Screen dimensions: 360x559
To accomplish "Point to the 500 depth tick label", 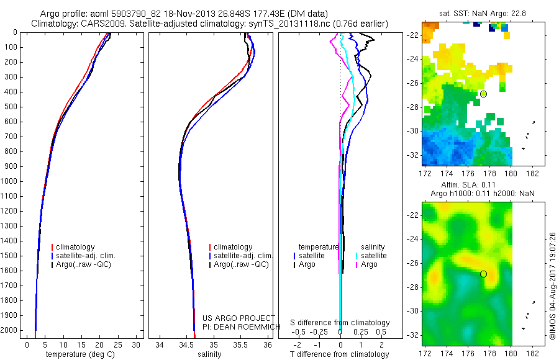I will (x=11, y=107).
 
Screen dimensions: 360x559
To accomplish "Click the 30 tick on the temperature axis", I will (x=137, y=344).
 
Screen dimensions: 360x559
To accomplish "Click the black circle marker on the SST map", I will (x=483, y=94).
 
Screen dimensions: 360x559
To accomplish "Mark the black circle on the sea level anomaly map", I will (x=483, y=274).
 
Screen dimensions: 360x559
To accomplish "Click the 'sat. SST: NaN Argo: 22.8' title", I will (x=478, y=13).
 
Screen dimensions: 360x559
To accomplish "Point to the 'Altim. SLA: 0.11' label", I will (x=478, y=184).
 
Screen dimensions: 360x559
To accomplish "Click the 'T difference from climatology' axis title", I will (x=340, y=354).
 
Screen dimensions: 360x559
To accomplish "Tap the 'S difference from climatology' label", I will (x=340, y=323).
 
